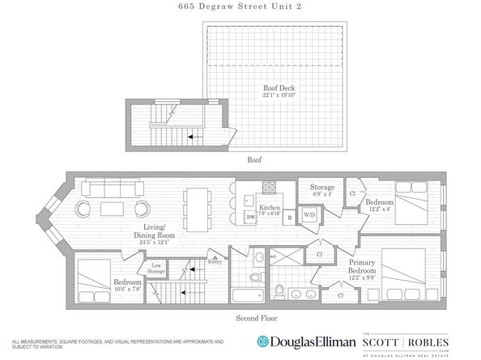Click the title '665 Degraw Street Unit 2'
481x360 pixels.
click(x=240, y=8)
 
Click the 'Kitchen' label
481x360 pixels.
click(x=269, y=207)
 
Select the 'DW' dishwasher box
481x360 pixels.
click(x=250, y=218)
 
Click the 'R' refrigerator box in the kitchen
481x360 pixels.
click(x=288, y=218)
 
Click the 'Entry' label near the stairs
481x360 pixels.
click(x=215, y=261)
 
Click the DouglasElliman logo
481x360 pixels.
click(x=304, y=341)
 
